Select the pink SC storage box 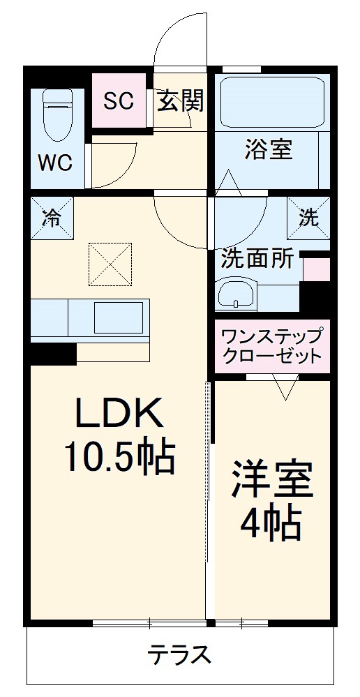point(119,100)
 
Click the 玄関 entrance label point(180,101)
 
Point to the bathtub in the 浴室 point(272,101)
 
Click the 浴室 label point(269,149)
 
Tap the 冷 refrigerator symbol point(52,218)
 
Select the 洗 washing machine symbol point(308,218)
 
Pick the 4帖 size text point(272,522)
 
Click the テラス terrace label point(179,655)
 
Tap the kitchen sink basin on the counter point(118,317)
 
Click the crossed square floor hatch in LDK point(110,264)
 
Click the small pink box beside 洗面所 point(316,269)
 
